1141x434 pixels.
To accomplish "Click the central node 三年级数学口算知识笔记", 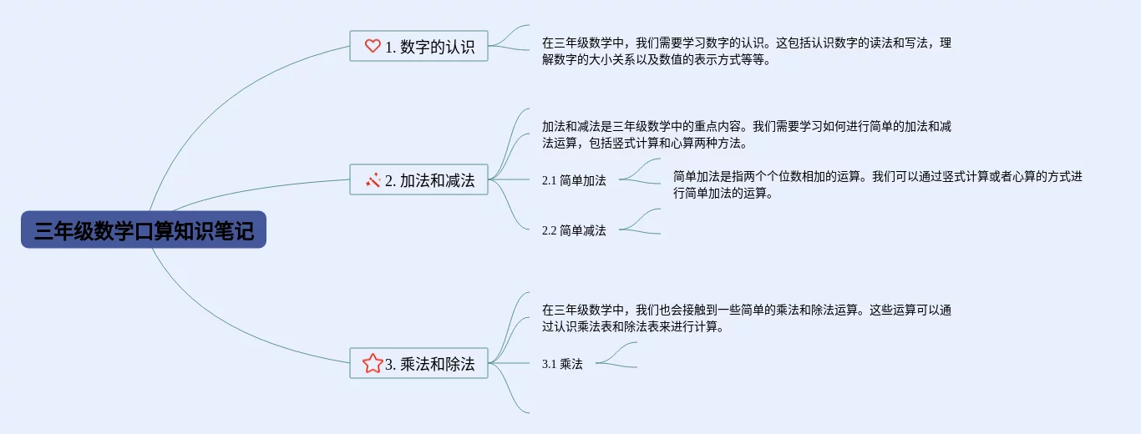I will tap(144, 230).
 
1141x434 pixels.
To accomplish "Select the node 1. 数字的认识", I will tap(418, 47).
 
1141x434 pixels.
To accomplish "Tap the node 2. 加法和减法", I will tap(418, 179).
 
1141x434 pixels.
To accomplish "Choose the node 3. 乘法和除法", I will tap(418, 363).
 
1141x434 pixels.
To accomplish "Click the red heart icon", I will tap(373, 47).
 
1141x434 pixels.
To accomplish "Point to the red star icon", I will tap(373, 363).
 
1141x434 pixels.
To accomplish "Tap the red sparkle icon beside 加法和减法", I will tap(373, 179).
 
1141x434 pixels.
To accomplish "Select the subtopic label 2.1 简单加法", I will tap(574, 179).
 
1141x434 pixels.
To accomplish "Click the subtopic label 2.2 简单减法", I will tap(574, 230).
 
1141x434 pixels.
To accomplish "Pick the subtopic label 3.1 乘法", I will tap(562, 363).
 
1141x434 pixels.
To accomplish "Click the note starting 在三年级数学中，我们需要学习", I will tap(746, 51).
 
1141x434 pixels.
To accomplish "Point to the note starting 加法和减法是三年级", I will tap(746, 134).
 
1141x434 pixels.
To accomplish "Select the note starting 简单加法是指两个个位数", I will tap(877, 184).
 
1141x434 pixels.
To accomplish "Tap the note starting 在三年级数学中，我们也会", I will tap(746, 318).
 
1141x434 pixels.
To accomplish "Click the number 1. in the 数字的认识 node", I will tap(390, 48).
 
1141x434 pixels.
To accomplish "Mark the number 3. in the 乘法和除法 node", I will tap(390, 364).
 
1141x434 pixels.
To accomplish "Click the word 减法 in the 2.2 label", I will tap(595, 230).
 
